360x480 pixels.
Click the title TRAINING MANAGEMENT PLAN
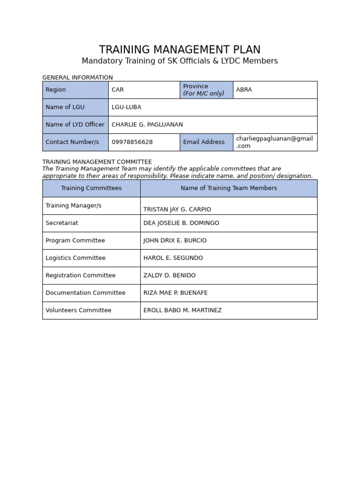click(x=180, y=50)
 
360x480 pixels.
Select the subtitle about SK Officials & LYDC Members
click(x=180, y=61)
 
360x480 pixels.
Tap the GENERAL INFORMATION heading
click(x=77, y=77)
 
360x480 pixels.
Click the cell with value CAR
click(x=118, y=90)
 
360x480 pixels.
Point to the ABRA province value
click(x=244, y=90)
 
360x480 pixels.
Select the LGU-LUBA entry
click(x=126, y=107)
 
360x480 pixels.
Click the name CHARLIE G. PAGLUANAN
click(x=147, y=125)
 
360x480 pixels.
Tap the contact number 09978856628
click(x=132, y=142)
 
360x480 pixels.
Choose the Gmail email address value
click(x=274, y=142)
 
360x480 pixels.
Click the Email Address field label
click(x=203, y=142)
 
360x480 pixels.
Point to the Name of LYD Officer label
click(x=75, y=125)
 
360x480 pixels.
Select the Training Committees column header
click(x=91, y=188)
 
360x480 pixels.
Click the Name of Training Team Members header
click(x=229, y=188)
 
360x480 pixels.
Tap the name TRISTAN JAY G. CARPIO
click(x=177, y=209)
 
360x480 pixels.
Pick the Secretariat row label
click(x=62, y=223)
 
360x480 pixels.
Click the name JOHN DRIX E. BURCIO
click(x=175, y=240)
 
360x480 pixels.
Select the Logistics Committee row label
click(x=75, y=258)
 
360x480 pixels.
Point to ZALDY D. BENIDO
click(x=169, y=275)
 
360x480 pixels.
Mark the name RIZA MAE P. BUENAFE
click(x=175, y=292)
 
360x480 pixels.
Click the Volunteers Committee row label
click(x=78, y=310)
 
